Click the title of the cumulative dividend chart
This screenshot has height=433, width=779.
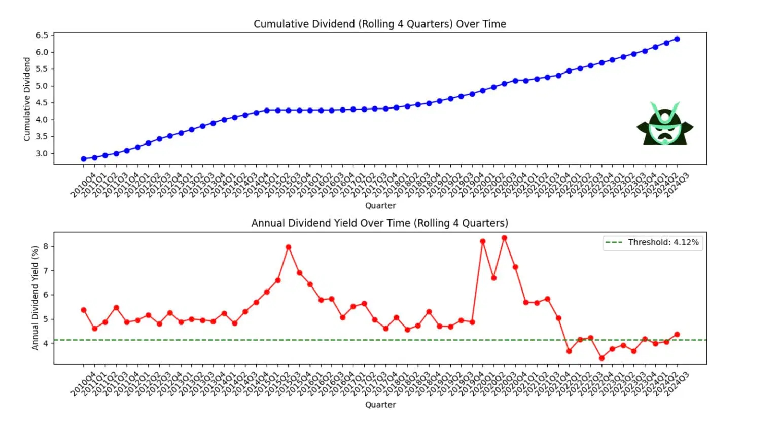[x=379, y=24]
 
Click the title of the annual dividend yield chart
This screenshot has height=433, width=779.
[x=379, y=223]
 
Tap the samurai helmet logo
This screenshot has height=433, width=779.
[x=665, y=124]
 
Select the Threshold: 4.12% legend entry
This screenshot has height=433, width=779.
[x=663, y=242]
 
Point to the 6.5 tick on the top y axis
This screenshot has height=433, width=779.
[x=42, y=35]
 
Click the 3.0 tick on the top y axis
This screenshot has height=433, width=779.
[x=42, y=153]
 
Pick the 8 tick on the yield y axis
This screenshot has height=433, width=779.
[x=46, y=246]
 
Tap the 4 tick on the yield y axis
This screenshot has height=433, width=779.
[x=46, y=343]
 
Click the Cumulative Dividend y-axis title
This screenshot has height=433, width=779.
[x=27, y=99]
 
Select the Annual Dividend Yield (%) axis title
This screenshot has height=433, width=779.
[x=35, y=298]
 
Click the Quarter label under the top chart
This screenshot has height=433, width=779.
[x=380, y=205]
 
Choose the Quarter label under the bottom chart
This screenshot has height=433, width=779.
[x=380, y=405]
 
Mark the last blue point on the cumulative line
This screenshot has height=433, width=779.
[x=677, y=39]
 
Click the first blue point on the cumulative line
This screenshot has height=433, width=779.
[x=84, y=159]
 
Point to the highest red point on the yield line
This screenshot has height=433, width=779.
[x=504, y=238]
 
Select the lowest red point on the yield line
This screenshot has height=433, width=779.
[x=601, y=358]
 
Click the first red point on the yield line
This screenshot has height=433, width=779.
[x=84, y=310]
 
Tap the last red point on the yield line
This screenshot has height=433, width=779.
[x=677, y=335]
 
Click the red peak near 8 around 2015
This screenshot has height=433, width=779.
[x=289, y=247]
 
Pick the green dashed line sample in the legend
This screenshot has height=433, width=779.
[x=614, y=242]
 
